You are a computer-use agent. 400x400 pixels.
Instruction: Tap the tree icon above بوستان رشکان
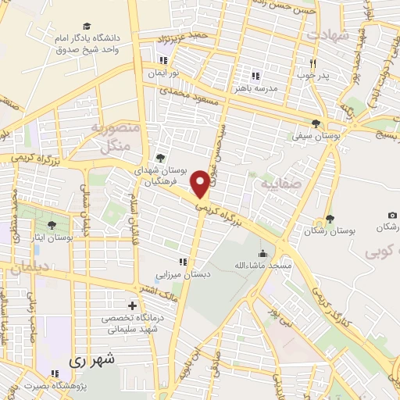click(329, 220)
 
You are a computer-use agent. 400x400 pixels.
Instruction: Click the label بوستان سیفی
click(316, 135)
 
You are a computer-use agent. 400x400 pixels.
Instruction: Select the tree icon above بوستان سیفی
click(316, 123)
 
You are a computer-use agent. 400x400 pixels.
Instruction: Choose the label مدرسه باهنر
click(254, 88)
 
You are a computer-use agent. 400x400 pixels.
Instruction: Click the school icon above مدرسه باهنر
click(254, 76)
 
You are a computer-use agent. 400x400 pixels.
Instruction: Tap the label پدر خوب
click(312, 77)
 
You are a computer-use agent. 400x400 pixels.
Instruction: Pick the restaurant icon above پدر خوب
click(312, 64)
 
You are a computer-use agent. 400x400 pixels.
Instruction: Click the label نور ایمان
click(165, 72)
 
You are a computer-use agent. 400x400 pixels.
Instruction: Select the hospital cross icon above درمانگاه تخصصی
click(132, 305)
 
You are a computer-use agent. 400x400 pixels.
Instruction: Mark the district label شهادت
click(329, 35)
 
